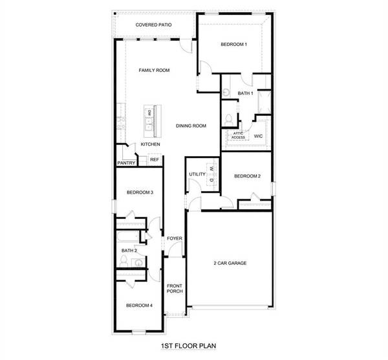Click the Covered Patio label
pyautogui.click(x=153, y=25)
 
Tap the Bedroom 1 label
pyautogui.click(x=233, y=44)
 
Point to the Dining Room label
pyautogui.click(x=191, y=126)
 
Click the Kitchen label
pyautogui.click(x=151, y=144)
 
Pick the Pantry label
pyautogui.click(x=126, y=163)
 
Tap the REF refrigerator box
pyautogui.click(x=155, y=159)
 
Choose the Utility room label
pyautogui.click(x=197, y=174)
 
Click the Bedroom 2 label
pyautogui.click(x=247, y=176)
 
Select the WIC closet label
pyautogui.click(x=257, y=137)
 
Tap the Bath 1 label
pyautogui.click(x=244, y=93)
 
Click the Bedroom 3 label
pyautogui.click(x=140, y=192)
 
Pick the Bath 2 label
pyautogui.click(x=129, y=250)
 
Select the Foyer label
pyautogui.click(x=175, y=238)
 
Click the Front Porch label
pyautogui.click(x=175, y=288)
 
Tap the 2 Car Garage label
pyautogui.click(x=230, y=263)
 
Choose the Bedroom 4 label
pyautogui.click(x=139, y=305)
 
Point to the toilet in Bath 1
pyautogui.click(x=229, y=119)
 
